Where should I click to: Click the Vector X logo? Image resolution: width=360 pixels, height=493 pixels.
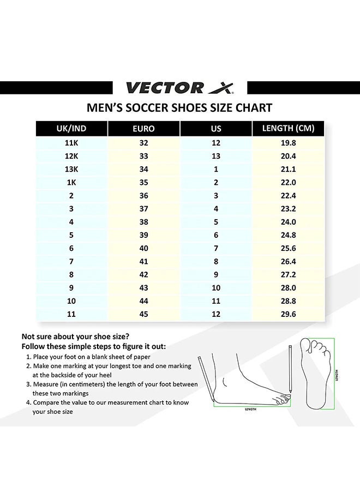tap(180, 87)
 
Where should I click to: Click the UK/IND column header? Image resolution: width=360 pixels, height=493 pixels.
tap(71, 129)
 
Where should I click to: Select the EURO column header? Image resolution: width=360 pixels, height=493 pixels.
tap(143, 129)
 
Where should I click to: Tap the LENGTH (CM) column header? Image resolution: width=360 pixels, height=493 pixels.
tap(288, 129)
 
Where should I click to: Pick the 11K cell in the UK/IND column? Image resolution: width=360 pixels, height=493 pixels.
tap(71, 143)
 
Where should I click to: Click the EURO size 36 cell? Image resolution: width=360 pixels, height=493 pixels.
tap(143, 196)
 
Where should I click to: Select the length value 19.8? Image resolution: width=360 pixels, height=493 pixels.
tap(288, 143)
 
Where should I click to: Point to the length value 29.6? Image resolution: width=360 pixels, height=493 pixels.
tap(288, 314)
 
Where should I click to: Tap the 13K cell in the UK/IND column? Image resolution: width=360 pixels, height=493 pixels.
tap(71, 169)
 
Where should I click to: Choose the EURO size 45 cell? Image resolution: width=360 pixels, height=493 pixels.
tap(143, 314)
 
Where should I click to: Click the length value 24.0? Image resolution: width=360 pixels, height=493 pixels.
tap(288, 222)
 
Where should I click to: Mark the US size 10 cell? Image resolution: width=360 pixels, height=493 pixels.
tap(216, 287)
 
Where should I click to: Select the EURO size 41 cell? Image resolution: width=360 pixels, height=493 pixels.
tap(143, 261)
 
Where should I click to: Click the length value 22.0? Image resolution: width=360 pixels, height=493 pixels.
tap(288, 183)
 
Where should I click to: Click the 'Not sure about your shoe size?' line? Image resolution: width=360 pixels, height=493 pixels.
tap(75, 336)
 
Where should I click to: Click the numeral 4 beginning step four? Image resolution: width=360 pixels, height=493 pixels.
tap(28, 402)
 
